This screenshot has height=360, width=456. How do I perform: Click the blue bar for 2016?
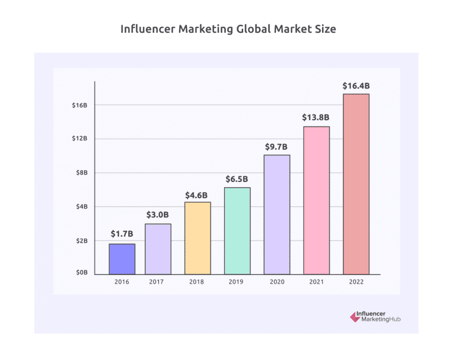[x=122, y=259]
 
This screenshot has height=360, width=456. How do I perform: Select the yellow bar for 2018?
[x=198, y=238]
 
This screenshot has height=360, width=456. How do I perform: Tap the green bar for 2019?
[x=237, y=231]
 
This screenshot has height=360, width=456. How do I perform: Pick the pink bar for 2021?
[x=316, y=201]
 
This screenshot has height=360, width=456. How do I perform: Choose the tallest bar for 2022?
[x=356, y=184]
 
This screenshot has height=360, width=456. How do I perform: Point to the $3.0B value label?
[x=158, y=215]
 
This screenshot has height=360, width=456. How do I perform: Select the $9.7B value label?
[x=276, y=146]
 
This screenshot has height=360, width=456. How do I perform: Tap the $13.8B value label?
[x=316, y=117]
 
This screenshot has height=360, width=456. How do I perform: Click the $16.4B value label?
[x=356, y=86]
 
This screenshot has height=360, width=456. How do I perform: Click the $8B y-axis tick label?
[x=82, y=173]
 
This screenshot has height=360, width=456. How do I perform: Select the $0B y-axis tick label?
[x=82, y=272]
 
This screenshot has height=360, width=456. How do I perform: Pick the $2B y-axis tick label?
[x=82, y=241]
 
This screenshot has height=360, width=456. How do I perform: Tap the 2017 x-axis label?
[x=158, y=282]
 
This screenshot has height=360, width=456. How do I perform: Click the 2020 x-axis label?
[x=276, y=282]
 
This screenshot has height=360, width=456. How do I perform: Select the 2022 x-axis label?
[x=356, y=282]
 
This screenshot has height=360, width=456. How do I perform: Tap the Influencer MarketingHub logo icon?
[x=355, y=317]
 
